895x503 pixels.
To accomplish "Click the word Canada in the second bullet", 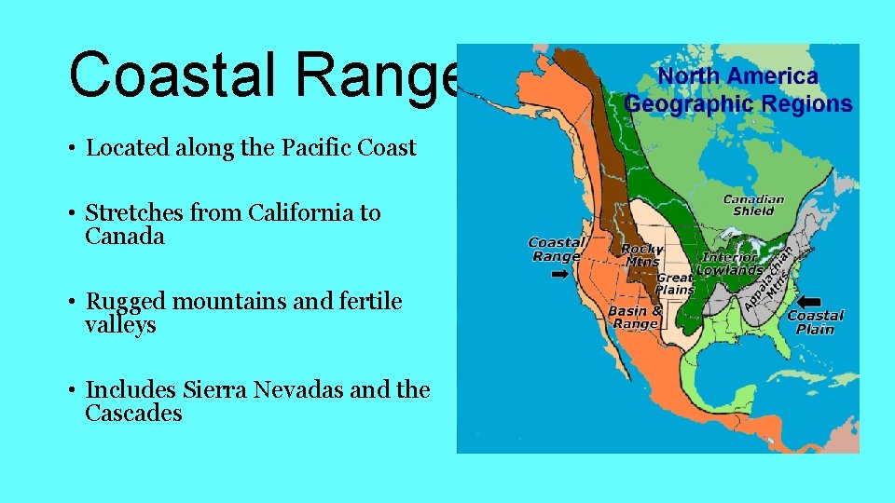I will pos(124,237).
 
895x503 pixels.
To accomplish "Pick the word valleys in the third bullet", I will pos(120,325).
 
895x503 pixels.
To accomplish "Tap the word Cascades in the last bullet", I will pos(133,414).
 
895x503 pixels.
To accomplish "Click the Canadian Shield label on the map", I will pos(753,205).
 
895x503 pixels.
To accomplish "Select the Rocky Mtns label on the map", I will pos(641,255).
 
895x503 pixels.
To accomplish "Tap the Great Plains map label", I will pos(675,283).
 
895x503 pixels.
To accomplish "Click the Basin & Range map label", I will pos(635,317).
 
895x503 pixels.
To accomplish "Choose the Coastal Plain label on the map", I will pos(815,322).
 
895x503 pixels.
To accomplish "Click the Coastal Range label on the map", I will pos(556,250).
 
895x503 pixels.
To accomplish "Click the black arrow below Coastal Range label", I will pos(560,275).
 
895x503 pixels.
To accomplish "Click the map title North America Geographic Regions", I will pos(738,90).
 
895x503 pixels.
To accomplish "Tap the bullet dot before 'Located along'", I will pos(72,149).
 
